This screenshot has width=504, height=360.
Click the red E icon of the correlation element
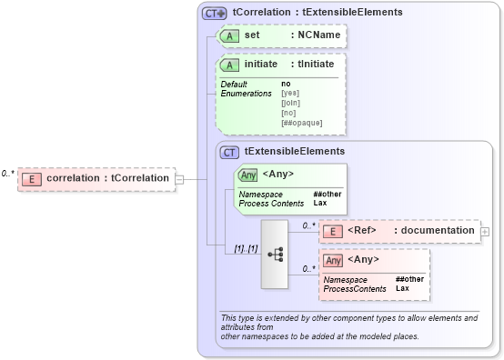32,178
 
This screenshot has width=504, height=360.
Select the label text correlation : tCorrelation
107,178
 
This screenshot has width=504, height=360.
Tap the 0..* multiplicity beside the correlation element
8,173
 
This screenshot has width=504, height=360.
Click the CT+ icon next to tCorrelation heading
214,13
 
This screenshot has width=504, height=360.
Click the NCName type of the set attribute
315,35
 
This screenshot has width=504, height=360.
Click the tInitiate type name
312,65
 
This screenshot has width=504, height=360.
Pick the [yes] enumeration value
290,94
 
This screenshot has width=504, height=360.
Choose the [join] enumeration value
291,104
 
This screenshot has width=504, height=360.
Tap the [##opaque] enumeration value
301,123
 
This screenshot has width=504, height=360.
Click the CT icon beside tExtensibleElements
230,152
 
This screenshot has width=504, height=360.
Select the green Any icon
247,175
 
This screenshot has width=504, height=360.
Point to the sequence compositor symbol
279,254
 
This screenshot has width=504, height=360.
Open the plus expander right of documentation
484,231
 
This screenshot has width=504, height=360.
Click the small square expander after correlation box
179,179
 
